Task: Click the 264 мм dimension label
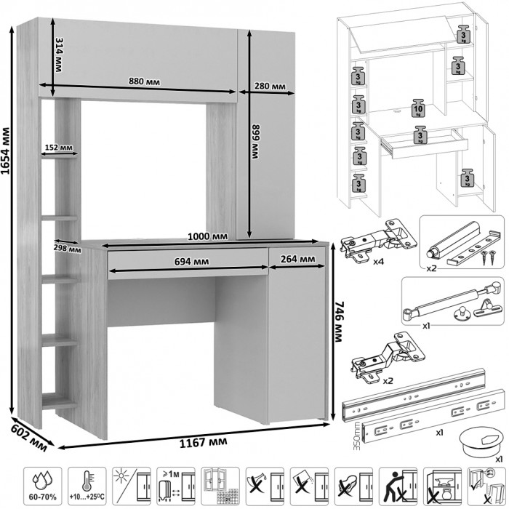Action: pos(297,259)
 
